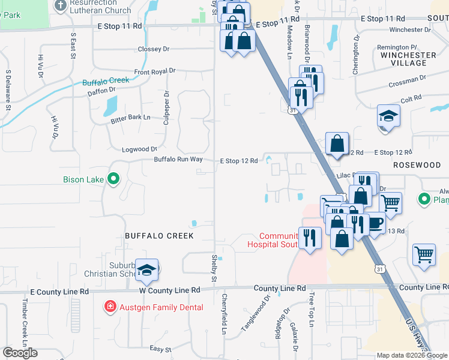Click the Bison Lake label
pyautogui.click(x=83, y=179)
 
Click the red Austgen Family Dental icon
pyautogui.click(x=110, y=307)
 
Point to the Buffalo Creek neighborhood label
pyautogui.click(x=159, y=236)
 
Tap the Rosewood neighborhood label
pyautogui.click(x=417, y=164)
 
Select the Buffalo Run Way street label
pyautogui.click(x=178, y=160)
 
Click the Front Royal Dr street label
pyautogui.click(x=155, y=71)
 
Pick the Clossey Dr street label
pyautogui.click(x=154, y=49)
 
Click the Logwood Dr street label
pyautogui.click(x=139, y=149)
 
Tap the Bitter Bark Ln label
pyautogui.click(x=130, y=118)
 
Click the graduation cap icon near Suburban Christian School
pyautogui.click(x=146, y=271)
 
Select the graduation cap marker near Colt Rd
pyautogui.click(x=388, y=116)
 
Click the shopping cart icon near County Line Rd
pyautogui.click(x=424, y=254)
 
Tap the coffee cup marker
pyautogui.click(x=375, y=223)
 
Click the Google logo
pyautogui.click(x=20, y=353)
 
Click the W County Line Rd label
pyautogui.click(x=170, y=290)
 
